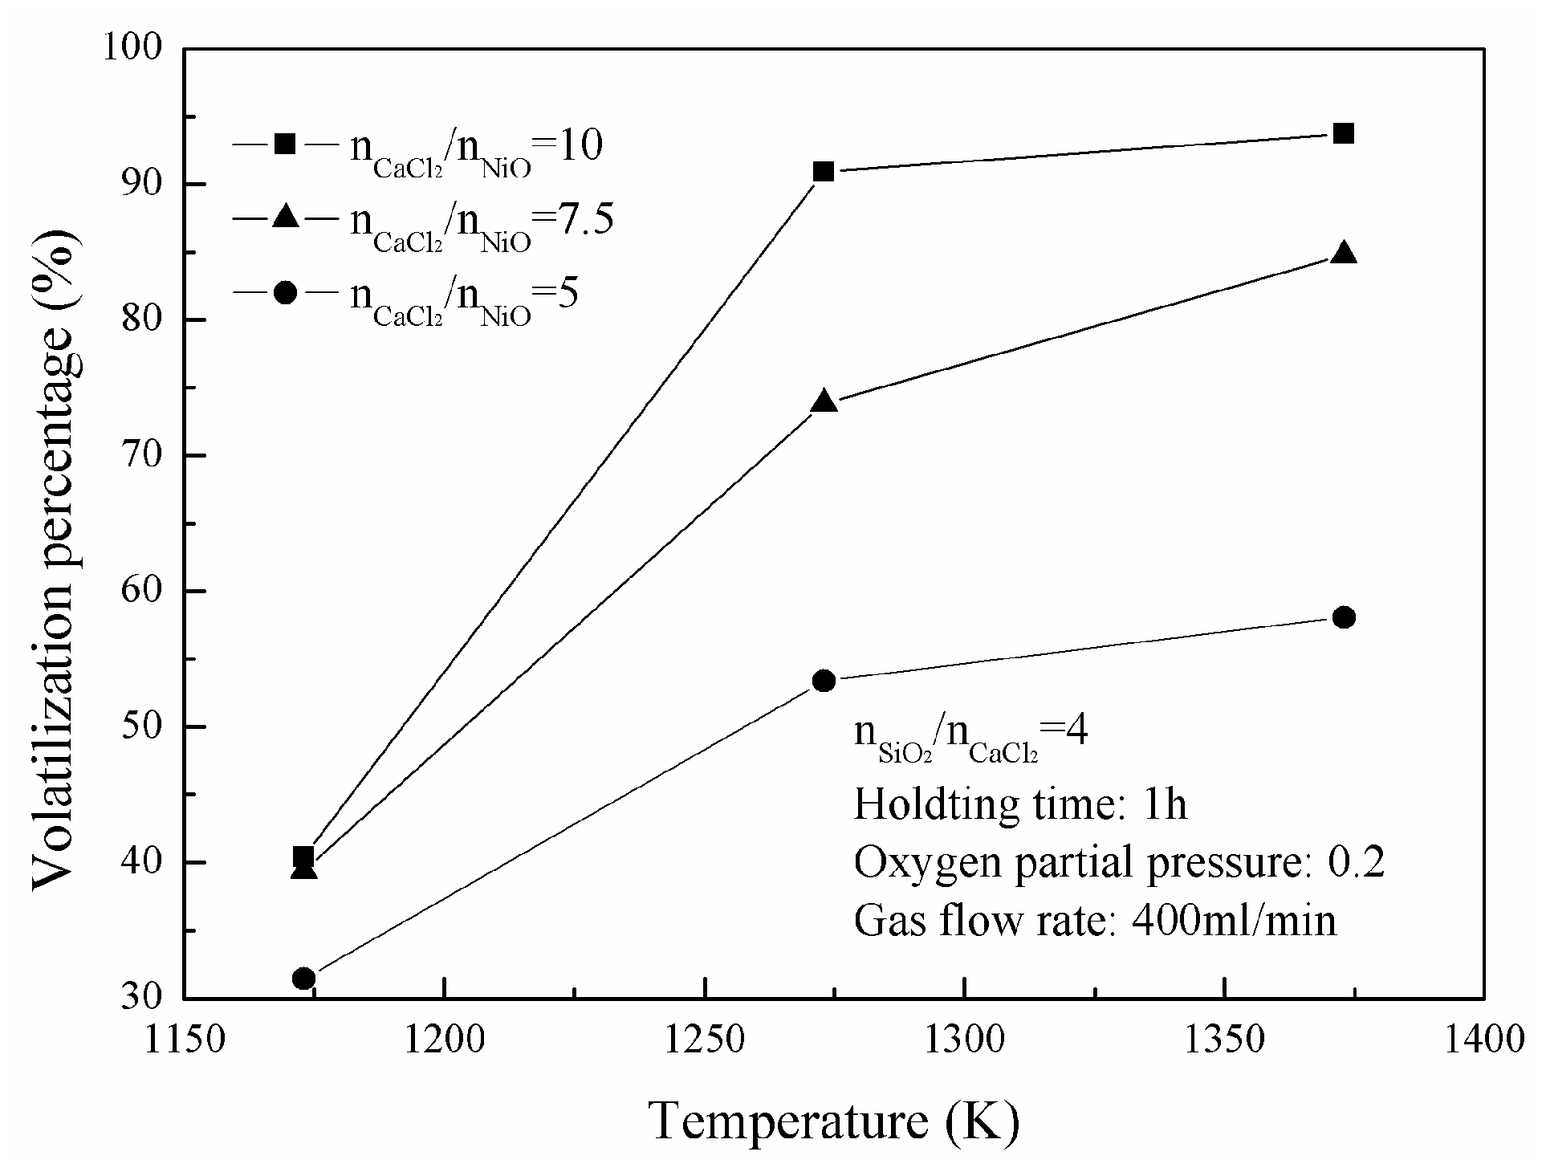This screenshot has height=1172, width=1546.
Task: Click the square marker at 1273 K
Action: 824,171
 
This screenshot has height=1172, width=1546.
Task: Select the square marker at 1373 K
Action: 1344,133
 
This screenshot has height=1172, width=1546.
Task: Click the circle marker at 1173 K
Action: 303,978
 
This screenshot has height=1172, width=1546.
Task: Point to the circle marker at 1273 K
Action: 824,681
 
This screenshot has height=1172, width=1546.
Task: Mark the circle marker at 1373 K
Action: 1344,617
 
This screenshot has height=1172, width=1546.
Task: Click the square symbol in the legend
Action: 285,144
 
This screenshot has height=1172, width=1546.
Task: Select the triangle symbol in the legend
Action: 285,217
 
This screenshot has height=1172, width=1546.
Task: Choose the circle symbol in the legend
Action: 285,292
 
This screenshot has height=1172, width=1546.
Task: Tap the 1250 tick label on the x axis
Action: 703,1041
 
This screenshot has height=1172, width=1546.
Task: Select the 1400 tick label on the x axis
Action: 1483,1041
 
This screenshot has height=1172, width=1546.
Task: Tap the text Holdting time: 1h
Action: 1019,804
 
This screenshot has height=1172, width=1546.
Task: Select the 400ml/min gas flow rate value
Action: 1234,921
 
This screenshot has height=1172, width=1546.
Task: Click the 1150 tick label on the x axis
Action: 185,1041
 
